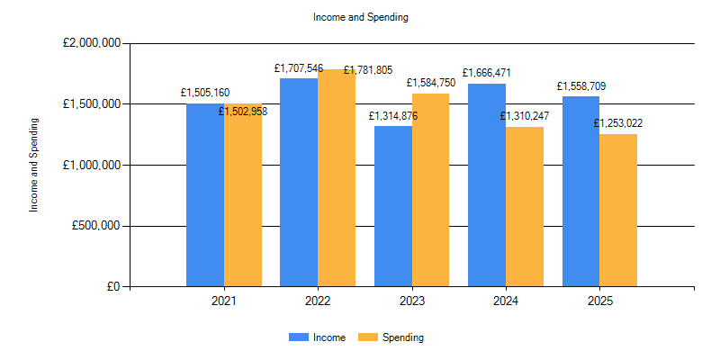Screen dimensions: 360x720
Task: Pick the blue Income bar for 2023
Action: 393,206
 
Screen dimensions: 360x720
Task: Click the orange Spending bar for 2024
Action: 525,207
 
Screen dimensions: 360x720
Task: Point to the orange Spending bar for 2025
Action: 618,211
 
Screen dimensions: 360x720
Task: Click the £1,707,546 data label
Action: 299,68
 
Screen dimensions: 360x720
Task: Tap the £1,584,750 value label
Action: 431,83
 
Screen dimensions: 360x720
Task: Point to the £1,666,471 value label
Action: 487,73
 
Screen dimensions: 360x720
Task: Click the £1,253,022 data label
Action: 618,123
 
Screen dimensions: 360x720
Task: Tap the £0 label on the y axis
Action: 113,287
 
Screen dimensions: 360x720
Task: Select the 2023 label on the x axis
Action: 412,301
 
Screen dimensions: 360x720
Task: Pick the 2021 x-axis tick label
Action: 224,301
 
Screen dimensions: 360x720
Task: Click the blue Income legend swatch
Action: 298,337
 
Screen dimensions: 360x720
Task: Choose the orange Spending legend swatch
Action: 368,337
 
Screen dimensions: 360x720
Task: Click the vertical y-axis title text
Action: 35,165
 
